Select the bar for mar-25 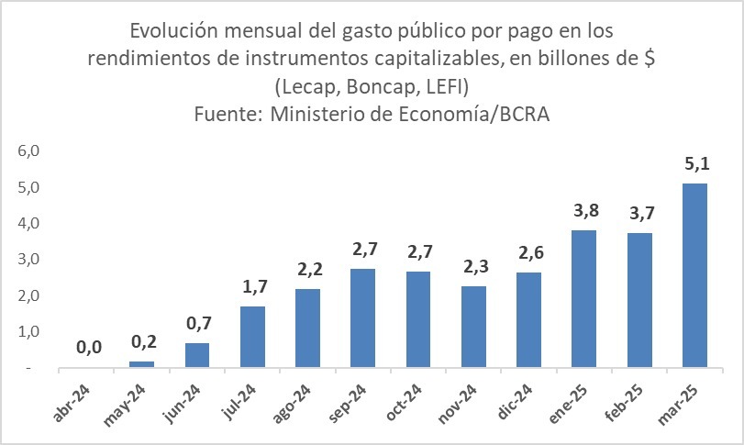(x=694, y=275)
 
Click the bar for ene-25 (x=583, y=299)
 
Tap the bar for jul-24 (x=252, y=337)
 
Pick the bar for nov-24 (x=473, y=327)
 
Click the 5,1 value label (x=694, y=166)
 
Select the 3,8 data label (x=583, y=212)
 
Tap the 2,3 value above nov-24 (x=473, y=268)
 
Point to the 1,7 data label (x=252, y=288)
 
